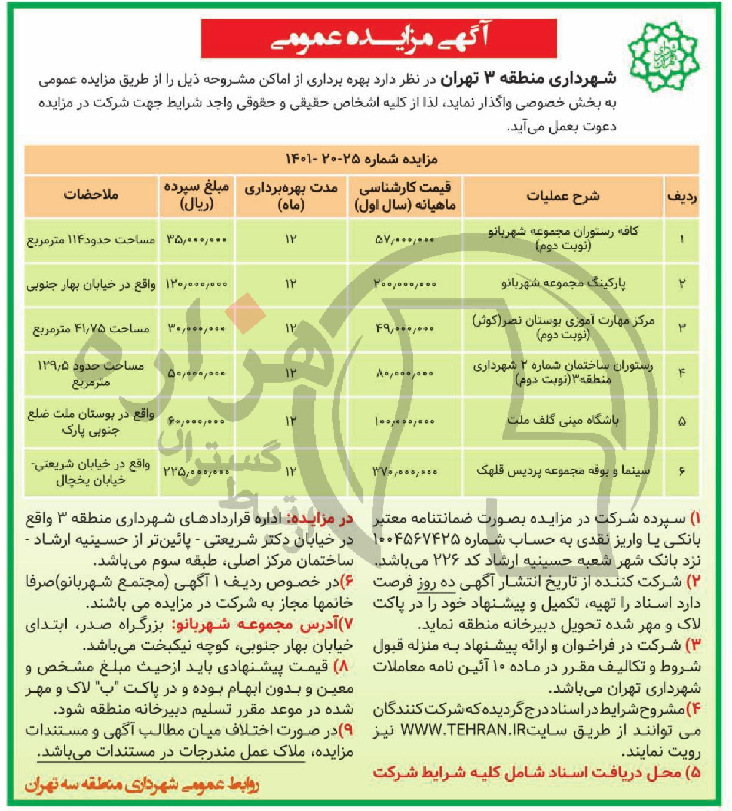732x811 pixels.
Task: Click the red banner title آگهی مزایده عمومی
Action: coord(379,38)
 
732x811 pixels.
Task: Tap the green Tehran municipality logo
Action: coord(664,55)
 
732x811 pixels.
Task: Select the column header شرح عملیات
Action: coord(563,196)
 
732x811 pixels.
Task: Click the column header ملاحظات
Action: coord(91,195)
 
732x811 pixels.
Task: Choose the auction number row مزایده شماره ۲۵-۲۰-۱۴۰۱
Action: coord(362,159)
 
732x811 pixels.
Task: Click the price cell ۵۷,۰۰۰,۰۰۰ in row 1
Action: coord(405,240)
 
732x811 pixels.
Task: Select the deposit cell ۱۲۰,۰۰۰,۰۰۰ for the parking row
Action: coord(196,284)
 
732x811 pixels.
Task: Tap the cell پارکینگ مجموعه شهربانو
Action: coord(563,283)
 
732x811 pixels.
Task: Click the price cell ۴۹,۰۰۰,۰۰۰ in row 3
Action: coord(405,328)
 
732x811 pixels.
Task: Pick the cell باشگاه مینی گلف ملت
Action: coord(563,420)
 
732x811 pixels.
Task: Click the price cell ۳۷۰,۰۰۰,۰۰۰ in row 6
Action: coord(405,472)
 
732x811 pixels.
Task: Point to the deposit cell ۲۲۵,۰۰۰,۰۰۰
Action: coord(196,472)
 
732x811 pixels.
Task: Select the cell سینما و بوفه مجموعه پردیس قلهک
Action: coord(563,471)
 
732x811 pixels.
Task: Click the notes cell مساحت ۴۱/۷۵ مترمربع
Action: coord(91,328)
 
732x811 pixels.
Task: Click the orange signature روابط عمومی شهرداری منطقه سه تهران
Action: coord(141,784)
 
